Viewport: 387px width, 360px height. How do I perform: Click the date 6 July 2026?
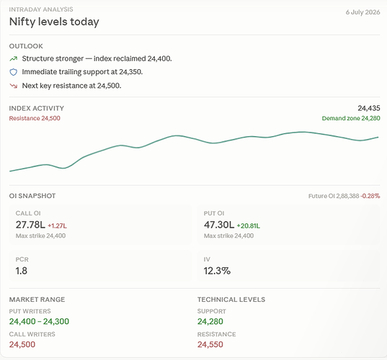[x=362, y=12]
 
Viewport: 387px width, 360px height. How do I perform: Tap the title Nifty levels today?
[x=54, y=22]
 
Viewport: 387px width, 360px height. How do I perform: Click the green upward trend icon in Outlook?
[x=13, y=59]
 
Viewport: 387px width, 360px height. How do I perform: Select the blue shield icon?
[x=13, y=72]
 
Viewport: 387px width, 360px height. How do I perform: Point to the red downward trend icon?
[x=13, y=86]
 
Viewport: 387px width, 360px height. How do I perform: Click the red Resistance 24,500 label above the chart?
[x=35, y=118]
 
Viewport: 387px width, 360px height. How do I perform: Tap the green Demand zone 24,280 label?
[x=351, y=118]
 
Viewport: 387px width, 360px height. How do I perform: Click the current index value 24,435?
[x=369, y=108]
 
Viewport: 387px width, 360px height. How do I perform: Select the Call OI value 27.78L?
[x=30, y=225]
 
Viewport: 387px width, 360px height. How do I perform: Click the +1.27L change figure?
[x=57, y=226]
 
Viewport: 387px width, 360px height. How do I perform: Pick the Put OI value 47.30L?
[x=218, y=225]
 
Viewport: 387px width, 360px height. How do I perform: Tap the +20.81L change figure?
[x=249, y=226]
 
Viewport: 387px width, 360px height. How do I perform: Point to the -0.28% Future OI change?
[x=370, y=196]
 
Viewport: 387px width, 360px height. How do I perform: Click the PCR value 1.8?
[x=21, y=271]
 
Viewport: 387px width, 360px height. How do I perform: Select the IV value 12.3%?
[x=217, y=271]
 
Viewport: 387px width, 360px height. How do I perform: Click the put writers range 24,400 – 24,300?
[x=39, y=322]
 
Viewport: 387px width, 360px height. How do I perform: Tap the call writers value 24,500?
[x=22, y=344]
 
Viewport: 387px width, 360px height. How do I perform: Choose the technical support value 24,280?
[x=210, y=322]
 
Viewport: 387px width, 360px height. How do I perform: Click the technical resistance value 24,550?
[x=210, y=344]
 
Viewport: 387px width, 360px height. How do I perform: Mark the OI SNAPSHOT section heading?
[x=32, y=196]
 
